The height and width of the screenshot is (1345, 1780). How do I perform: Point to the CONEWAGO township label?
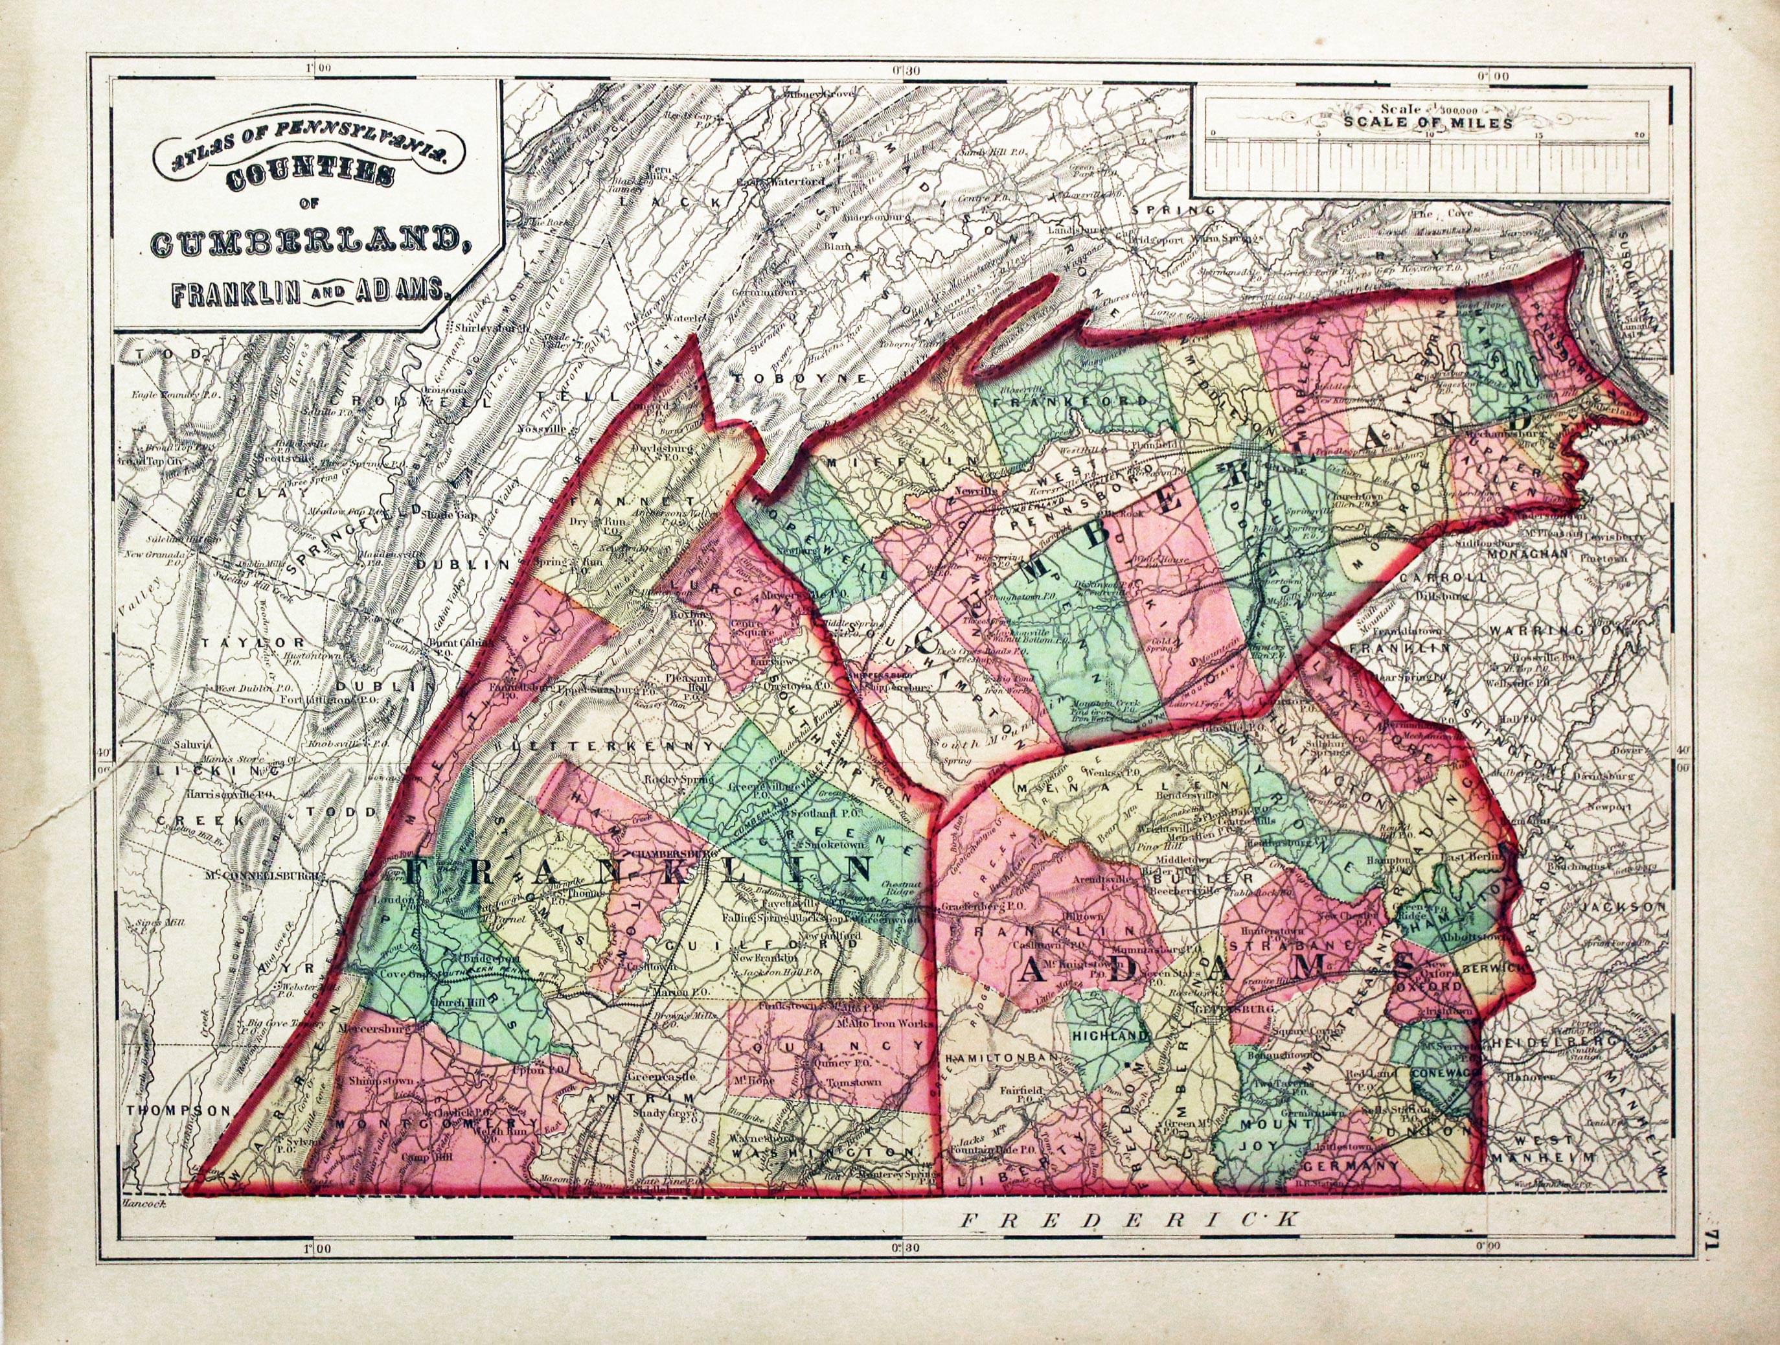[x=1444, y=1073]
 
